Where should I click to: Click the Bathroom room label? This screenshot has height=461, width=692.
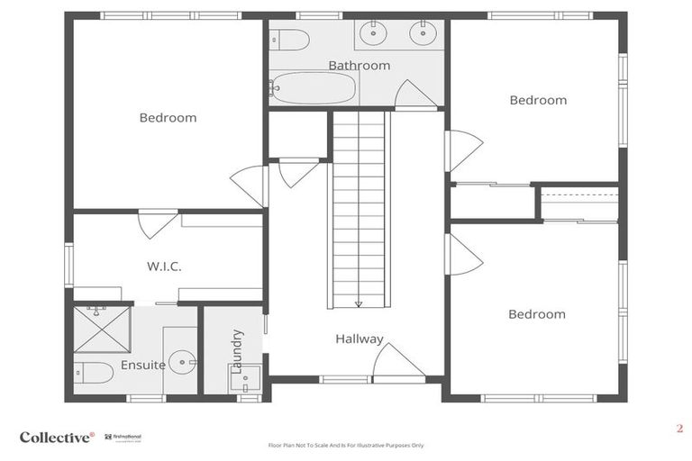[359, 66]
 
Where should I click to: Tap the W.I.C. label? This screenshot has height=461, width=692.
[164, 267]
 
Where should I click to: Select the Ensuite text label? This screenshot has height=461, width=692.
[143, 365]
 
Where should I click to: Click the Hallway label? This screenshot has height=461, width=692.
[360, 339]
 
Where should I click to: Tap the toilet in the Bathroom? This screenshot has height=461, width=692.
[291, 40]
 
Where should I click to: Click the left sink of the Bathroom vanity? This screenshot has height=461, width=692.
[373, 34]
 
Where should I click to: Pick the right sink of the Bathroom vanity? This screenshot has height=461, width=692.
[423, 34]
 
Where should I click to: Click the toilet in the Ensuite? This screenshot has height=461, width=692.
[94, 372]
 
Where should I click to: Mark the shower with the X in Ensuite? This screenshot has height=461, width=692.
[101, 329]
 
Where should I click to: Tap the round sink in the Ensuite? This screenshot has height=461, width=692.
[183, 364]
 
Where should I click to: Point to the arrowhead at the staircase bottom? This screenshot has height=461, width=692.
[359, 304]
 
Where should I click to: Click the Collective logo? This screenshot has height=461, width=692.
[57, 437]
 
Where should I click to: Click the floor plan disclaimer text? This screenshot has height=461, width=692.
[346, 445]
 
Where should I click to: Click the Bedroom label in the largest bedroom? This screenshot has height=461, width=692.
[168, 117]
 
